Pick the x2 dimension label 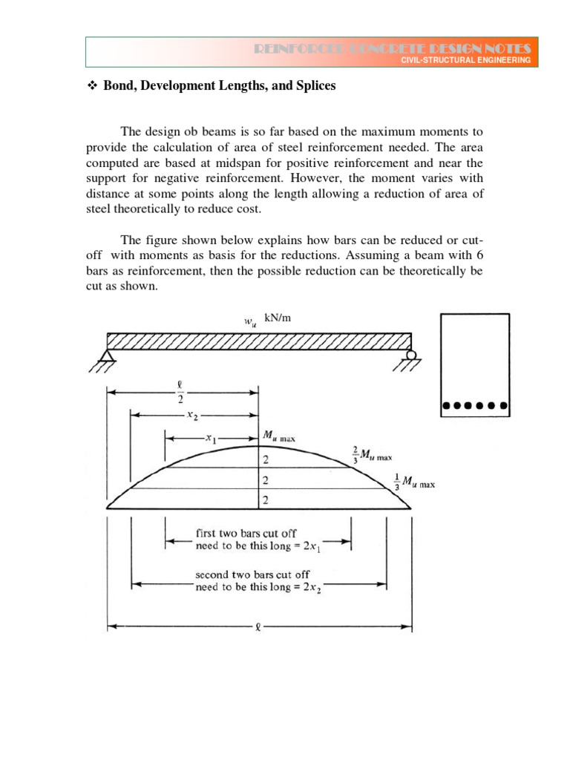click(192, 416)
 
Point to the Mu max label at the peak click(278, 438)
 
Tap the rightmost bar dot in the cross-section click(503, 406)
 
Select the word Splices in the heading click(314, 86)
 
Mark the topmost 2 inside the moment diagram click(266, 460)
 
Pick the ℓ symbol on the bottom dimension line click(257, 627)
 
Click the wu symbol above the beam click(249, 321)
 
